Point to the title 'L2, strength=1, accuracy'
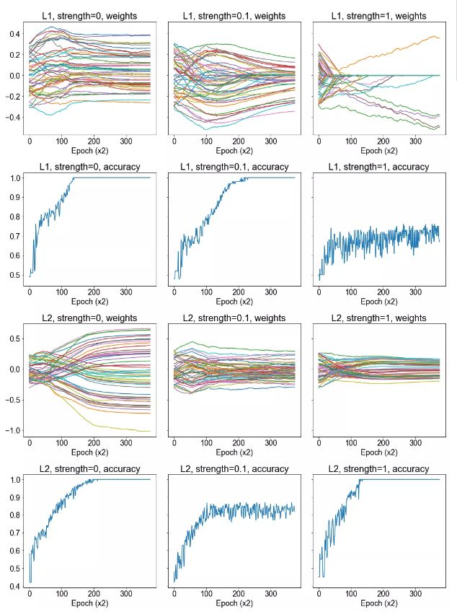(x=380, y=468)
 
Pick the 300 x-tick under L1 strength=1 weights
(x=414, y=141)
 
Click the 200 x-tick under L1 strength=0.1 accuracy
(x=239, y=293)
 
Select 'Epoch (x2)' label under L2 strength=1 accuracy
(x=380, y=603)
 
